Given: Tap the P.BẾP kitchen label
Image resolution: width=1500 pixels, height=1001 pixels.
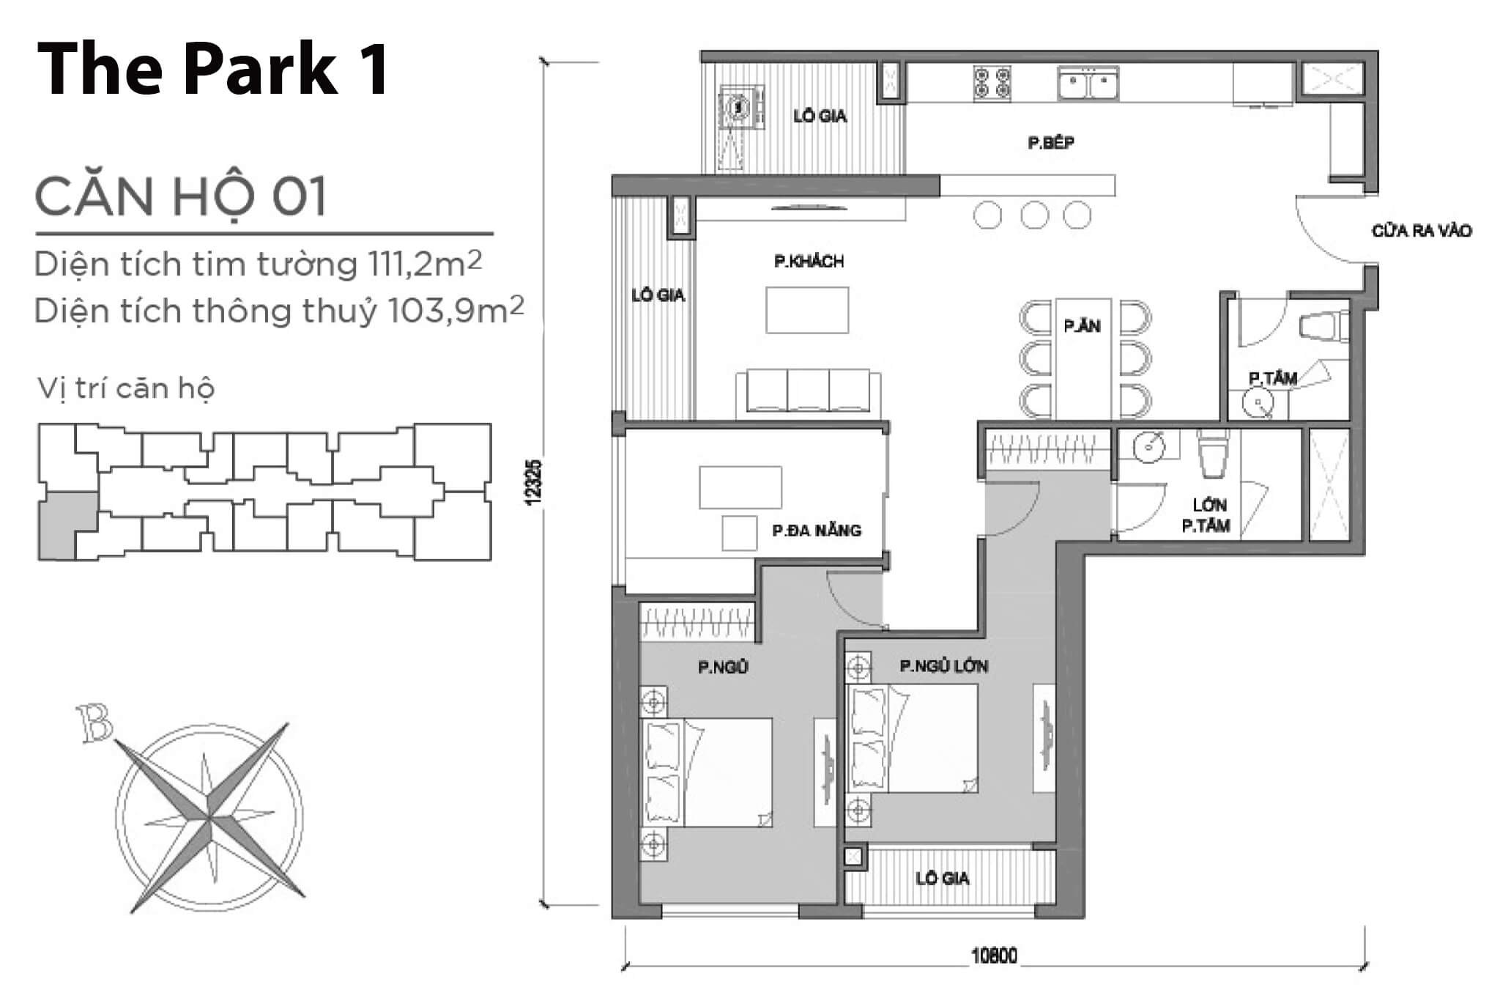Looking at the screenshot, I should click(1050, 143).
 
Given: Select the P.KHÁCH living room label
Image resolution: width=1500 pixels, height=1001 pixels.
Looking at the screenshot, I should click(809, 262).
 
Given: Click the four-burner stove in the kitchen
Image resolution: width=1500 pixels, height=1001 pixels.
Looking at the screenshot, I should click(992, 83).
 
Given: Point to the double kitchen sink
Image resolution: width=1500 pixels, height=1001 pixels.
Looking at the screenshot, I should click(1088, 84).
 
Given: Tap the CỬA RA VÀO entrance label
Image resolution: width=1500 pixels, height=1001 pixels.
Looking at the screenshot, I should click(1421, 231).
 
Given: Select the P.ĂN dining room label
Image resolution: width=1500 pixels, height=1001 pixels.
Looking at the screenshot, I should click(1082, 326).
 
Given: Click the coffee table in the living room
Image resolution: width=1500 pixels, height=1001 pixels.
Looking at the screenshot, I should click(807, 310).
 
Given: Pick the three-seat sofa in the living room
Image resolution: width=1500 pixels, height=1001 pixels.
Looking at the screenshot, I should click(808, 391).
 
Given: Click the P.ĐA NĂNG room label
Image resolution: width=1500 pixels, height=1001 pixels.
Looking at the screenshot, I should click(816, 531).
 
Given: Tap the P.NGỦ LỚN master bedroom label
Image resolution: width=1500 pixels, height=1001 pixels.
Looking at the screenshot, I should click(943, 666).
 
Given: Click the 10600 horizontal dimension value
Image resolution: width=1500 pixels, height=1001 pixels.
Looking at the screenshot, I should click(994, 956).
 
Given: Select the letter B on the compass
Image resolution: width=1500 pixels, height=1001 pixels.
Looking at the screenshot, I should click(95, 723).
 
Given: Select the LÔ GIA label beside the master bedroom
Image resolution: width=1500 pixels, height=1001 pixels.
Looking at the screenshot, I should click(942, 878).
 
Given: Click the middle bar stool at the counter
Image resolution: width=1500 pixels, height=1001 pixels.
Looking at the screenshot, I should click(1033, 215).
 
